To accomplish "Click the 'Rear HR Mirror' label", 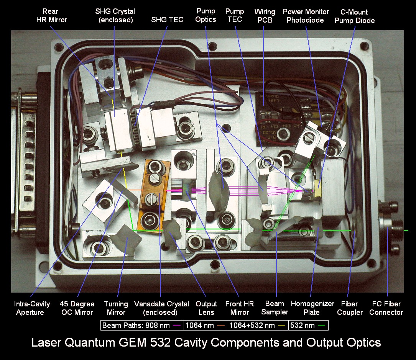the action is pyautogui.click(x=51, y=16).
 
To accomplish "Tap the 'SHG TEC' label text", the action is pyautogui.click(x=167, y=20).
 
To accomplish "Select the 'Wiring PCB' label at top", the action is pyautogui.click(x=265, y=16).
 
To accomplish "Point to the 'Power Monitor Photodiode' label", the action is pyautogui.click(x=306, y=16).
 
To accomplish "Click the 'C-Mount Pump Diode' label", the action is pyautogui.click(x=354, y=16).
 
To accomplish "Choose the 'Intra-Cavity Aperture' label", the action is pyautogui.click(x=31, y=308).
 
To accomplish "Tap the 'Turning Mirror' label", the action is pyautogui.click(x=116, y=308).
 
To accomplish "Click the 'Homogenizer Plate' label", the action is pyautogui.click(x=312, y=308).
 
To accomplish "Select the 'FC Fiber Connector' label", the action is pyautogui.click(x=386, y=308).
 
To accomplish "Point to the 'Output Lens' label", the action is pyautogui.click(x=206, y=308).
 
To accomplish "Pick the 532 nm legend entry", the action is pyautogui.click(x=308, y=325).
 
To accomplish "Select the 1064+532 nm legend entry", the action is pyautogui.click(x=257, y=325).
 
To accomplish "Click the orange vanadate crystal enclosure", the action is pyautogui.click(x=153, y=195).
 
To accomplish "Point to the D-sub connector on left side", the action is pyautogui.click(x=23, y=159).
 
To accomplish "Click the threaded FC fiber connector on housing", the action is pyautogui.click(x=389, y=228).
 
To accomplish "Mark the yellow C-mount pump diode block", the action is pyautogui.click(x=317, y=188).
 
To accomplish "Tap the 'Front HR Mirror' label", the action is pyautogui.click(x=239, y=308).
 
